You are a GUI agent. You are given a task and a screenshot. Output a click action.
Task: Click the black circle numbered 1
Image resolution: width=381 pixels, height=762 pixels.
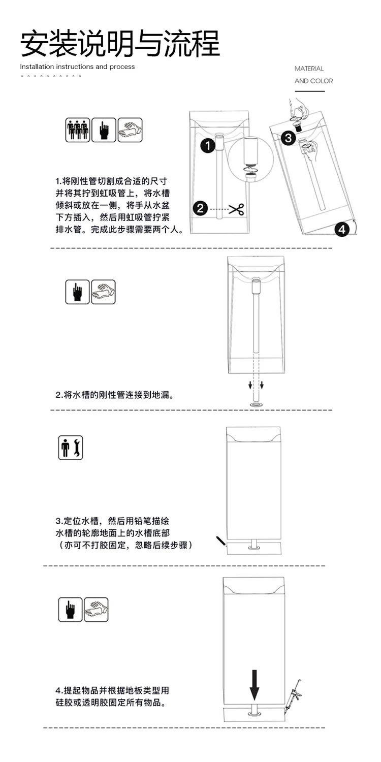(x=208, y=146)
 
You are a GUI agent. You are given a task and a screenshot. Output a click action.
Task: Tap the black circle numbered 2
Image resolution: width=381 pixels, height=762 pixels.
(x=200, y=208)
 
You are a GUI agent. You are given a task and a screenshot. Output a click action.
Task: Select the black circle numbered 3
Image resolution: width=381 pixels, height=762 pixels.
(x=288, y=138)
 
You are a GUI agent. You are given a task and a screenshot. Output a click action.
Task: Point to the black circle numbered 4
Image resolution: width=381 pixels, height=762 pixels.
(x=341, y=229)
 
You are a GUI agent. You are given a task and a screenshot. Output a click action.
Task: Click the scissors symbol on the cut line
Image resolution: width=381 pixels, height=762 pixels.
(x=236, y=209)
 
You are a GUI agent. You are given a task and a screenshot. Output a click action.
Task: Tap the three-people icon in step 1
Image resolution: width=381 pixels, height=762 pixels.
(x=78, y=130)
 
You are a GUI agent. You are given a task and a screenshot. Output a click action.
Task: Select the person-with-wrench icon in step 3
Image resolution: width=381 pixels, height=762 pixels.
(x=71, y=448)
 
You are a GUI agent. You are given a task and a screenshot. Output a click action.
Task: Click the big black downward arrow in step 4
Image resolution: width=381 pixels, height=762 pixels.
(x=255, y=685)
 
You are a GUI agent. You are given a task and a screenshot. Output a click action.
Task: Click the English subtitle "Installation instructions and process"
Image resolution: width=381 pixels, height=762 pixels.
(x=77, y=67)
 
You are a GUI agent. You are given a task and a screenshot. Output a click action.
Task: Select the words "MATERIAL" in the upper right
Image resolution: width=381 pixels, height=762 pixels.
(x=309, y=69)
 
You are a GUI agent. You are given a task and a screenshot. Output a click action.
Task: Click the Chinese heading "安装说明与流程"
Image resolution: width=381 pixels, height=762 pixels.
(x=120, y=43)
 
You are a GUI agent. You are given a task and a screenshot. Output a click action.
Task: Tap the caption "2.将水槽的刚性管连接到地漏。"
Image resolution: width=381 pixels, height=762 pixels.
(x=115, y=395)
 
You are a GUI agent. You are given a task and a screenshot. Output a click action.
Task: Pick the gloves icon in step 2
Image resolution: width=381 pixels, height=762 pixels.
(x=104, y=292)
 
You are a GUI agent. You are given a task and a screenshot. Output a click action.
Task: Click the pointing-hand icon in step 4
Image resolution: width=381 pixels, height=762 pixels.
(x=71, y=610)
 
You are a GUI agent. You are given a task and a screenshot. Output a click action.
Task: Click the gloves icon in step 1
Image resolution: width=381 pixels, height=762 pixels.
(x=130, y=130)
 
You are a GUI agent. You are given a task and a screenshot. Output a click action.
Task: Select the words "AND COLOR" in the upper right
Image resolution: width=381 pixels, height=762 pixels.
(x=313, y=81)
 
